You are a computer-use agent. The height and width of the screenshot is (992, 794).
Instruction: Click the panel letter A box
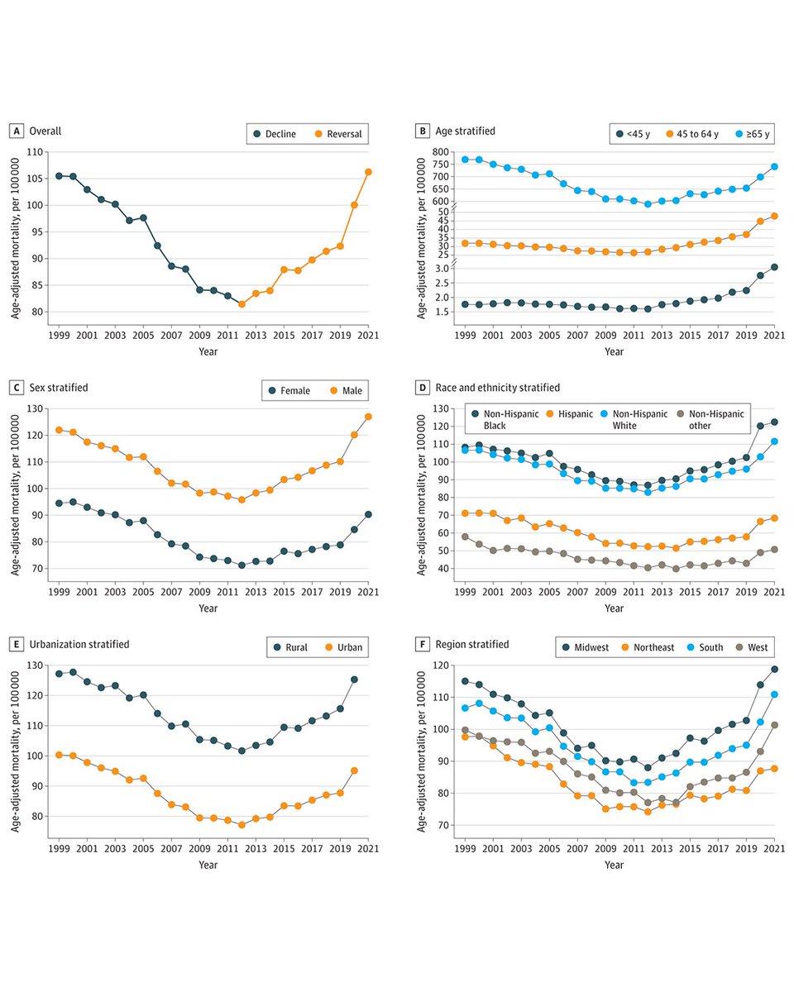pos(16,131)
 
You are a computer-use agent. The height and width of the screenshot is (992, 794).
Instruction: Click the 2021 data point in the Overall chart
pos(368,172)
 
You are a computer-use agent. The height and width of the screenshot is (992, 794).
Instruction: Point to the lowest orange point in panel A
pos(242,304)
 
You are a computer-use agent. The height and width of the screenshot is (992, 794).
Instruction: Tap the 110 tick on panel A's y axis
pos(36,152)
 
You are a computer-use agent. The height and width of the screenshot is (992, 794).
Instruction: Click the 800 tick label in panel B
pos(439,152)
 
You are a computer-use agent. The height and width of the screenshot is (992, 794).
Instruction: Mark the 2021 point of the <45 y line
pos(774,267)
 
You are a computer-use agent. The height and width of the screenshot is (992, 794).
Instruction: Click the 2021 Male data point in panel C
pos(368,417)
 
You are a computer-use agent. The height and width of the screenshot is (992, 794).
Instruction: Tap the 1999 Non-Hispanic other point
pos(465,537)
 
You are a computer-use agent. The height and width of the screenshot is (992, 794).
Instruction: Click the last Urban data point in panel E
pos(355,770)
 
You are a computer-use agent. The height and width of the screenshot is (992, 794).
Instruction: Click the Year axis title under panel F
pos(613,865)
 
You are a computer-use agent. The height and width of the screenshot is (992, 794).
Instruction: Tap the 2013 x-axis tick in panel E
pos(256,849)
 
